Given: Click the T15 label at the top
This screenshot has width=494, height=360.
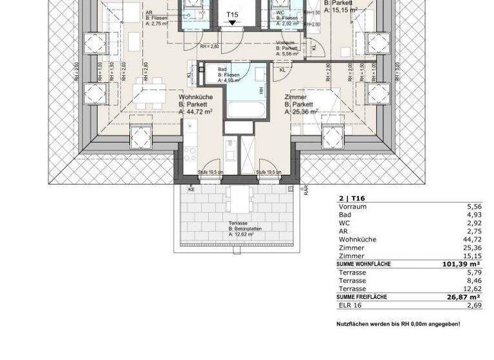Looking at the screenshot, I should tap(232, 14).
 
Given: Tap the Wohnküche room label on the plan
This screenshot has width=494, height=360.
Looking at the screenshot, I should tap(195, 98).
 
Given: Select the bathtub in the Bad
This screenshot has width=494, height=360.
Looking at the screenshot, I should tap(245, 107).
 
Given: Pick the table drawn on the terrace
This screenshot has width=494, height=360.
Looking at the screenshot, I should tap(238, 199).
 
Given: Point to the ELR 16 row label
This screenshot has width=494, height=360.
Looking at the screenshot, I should tap(351, 305).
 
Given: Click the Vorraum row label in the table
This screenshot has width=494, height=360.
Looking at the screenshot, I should tap(352, 207).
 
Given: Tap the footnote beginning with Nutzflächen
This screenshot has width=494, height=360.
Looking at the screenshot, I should tap(398, 324).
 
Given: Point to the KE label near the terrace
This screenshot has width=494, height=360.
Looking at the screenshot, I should tap(191, 190).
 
